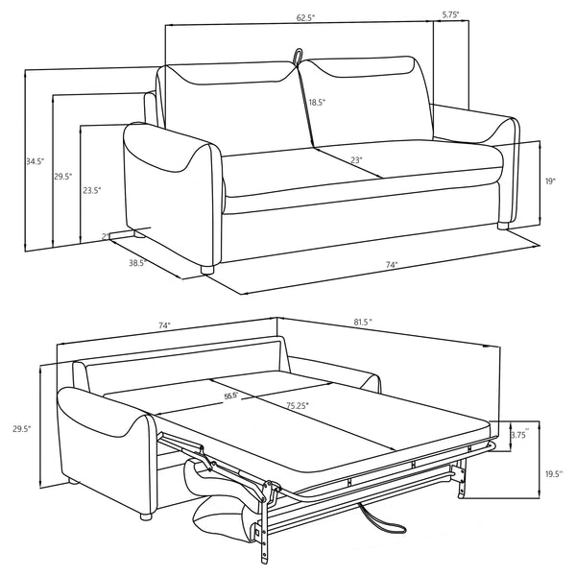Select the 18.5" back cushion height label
317,102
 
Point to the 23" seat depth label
356,160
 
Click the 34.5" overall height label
10,161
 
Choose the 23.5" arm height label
91,190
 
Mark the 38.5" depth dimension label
135,261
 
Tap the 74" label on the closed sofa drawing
392,265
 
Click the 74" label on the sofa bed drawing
165,326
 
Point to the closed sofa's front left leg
205,269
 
